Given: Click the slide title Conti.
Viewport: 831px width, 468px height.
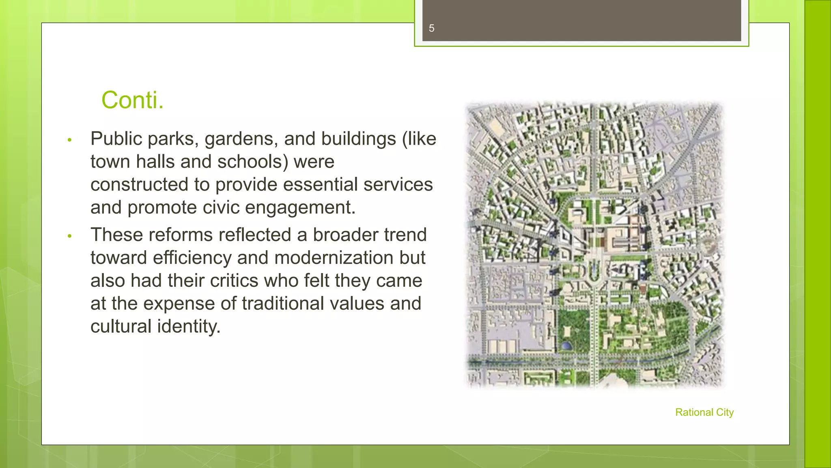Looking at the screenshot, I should [132, 100].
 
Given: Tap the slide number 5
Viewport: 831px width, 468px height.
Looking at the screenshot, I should [431, 28].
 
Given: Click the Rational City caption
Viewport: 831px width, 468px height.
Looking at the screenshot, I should [704, 412].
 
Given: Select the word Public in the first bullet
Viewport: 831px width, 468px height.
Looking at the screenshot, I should [116, 139].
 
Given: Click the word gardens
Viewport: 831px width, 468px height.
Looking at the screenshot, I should [241, 139].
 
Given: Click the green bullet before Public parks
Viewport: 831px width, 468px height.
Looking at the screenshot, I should [69, 140].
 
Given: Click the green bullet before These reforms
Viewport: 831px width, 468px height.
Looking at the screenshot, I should [69, 236].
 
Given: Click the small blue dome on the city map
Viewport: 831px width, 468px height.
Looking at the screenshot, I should [565, 346].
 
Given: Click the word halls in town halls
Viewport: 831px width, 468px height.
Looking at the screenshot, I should [156, 162].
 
